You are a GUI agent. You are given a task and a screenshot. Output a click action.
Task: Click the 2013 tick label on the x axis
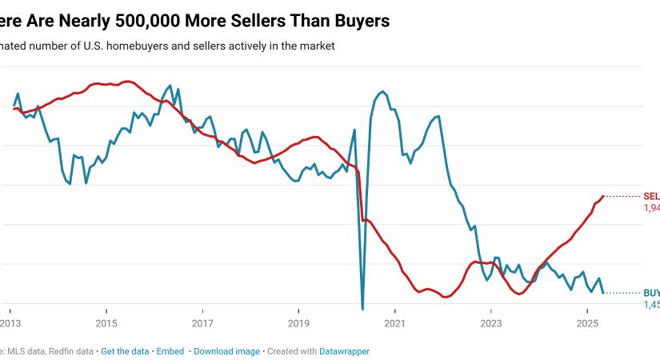[x=10, y=323]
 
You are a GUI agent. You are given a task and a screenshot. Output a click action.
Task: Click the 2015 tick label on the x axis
[x=106, y=323]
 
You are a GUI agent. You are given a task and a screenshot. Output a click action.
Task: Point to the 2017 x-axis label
[x=202, y=323]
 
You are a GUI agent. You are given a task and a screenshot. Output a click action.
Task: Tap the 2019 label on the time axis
[x=298, y=323]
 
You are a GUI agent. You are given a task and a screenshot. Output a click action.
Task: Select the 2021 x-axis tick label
[x=395, y=323]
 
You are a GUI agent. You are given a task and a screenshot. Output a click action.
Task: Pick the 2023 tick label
[x=491, y=323]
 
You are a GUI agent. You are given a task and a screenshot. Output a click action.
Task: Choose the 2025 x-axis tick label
[x=587, y=323]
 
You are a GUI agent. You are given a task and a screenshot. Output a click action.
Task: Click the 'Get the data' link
[x=126, y=351]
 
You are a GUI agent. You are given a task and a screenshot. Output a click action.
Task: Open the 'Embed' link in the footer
[x=170, y=351]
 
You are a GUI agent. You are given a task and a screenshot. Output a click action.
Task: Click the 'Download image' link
[x=226, y=351]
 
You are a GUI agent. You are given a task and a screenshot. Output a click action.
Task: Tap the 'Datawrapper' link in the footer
[x=345, y=351]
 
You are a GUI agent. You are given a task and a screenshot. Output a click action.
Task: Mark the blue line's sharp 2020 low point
[x=362, y=309]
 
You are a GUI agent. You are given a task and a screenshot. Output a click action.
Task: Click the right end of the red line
[x=602, y=196]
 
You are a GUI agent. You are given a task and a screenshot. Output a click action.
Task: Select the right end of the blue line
[x=602, y=293]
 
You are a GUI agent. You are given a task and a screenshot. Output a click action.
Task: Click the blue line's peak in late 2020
[x=383, y=91]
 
